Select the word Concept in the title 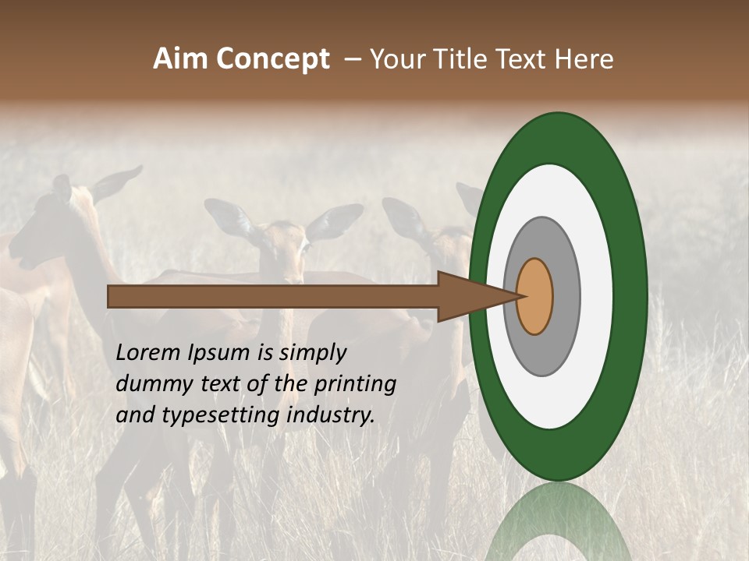pos(272,59)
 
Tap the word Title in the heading pos(459,59)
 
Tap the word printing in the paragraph pos(355,383)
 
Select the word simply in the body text pos(312,353)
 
